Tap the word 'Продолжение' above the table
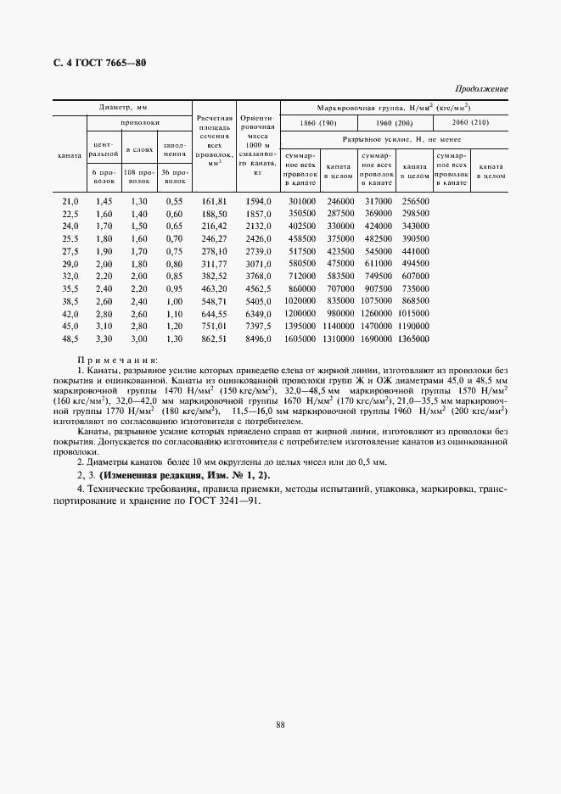(x=481, y=88)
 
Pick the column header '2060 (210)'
(x=470, y=124)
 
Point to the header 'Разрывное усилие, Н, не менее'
(x=394, y=137)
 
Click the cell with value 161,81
(x=213, y=201)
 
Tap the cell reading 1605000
(x=299, y=338)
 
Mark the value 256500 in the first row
(x=415, y=201)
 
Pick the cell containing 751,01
(x=213, y=326)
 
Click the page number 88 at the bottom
(x=279, y=723)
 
